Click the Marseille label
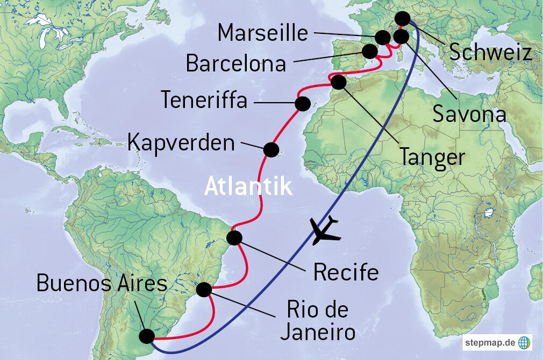click(263, 33)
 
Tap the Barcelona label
click(235, 63)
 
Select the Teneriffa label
click(204, 100)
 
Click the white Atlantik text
click(248, 187)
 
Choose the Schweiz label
click(490, 53)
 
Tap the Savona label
click(470, 114)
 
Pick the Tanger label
click(432, 156)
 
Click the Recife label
click(346, 272)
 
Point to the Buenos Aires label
click(102, 283)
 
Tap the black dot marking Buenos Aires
click(146, 336)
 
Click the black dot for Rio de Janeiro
click(204, 290)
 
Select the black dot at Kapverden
click(271, 149)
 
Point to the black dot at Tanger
click(338, 83)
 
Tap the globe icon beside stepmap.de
click(524, 342)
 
